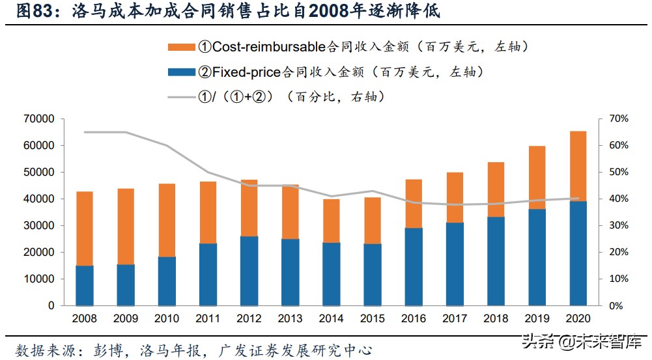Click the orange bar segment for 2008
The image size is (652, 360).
pyautogui.click(x=85, y=228)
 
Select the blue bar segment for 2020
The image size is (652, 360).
pyautogui.click(x=578, y=253)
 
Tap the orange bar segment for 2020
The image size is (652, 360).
pyautogui.click(x=578, y=166)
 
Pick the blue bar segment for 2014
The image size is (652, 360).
pyautogui.click(x=332, y=274)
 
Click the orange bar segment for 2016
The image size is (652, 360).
pyautogui.click(x=414, y=204)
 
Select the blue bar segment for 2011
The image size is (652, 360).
pyautogui.click(x=208, y=274)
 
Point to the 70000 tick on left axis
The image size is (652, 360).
pyautogui.click(x=41, y=119)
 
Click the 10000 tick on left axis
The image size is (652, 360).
pyautogui.click(x=41, y=279)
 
